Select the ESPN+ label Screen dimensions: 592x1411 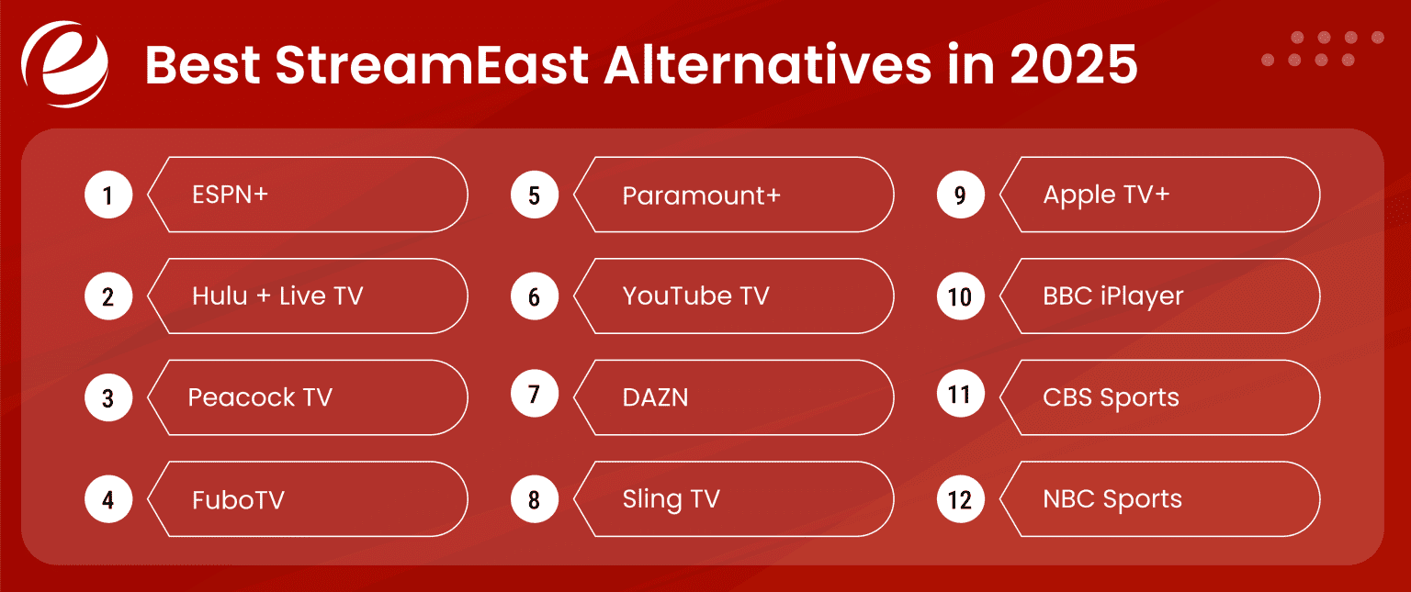[x=231, y=195]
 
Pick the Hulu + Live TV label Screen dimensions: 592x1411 [x=277, y=296]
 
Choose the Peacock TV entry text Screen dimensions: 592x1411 [x=260, y=397]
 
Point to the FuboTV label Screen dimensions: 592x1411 [x=238, y=499]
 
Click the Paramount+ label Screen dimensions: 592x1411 [x=701, y=195]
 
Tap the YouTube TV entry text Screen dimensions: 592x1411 [x=695, y=296]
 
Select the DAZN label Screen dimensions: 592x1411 [x=655, y=397]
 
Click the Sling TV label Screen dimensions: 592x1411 [x=671, y=499]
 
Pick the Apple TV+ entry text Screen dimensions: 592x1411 [x=1106, y=195]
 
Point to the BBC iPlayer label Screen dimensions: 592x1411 [x=1113, y=296]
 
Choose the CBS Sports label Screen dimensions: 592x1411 [x=1111, y=397]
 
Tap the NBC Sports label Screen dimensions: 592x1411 [x=1112, y=499]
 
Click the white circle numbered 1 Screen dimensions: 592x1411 [x=108, y=195]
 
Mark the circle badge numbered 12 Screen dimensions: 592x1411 [x=960, y=499]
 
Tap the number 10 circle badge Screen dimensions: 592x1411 [x=960, y=296]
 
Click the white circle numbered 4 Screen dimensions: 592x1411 [x=108, y=499]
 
